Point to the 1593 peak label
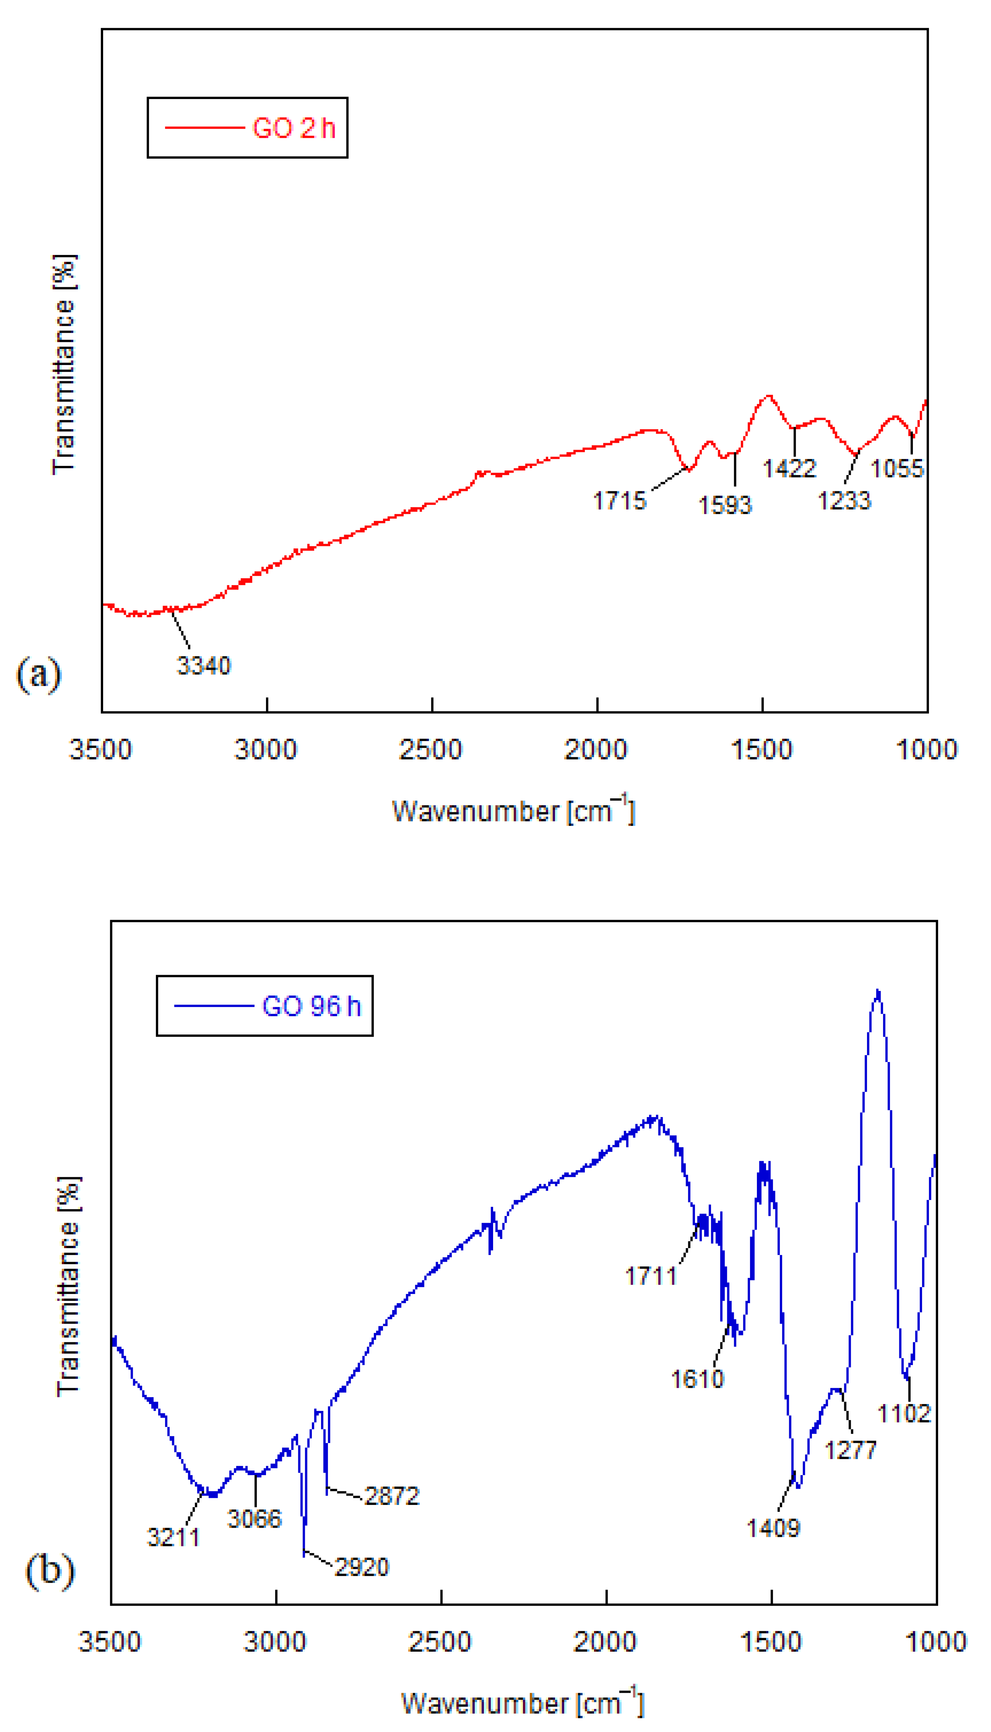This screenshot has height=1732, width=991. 725,505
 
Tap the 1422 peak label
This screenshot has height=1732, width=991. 789,468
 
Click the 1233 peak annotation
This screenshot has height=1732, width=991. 844,501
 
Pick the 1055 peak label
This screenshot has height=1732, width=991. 897,468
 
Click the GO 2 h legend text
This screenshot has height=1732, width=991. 294,128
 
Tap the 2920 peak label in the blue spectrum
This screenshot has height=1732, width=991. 361,1567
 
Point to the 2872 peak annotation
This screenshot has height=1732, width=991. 392,1496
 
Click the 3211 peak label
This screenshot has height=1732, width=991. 174,1537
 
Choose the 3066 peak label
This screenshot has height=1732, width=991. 254,1518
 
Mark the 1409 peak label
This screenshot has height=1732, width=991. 773,1528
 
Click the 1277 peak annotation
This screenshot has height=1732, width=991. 850,1450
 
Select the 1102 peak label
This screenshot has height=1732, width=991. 903,1414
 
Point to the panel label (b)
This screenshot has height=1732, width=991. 49,1570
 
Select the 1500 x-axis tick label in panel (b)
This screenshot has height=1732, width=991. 770,1641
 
